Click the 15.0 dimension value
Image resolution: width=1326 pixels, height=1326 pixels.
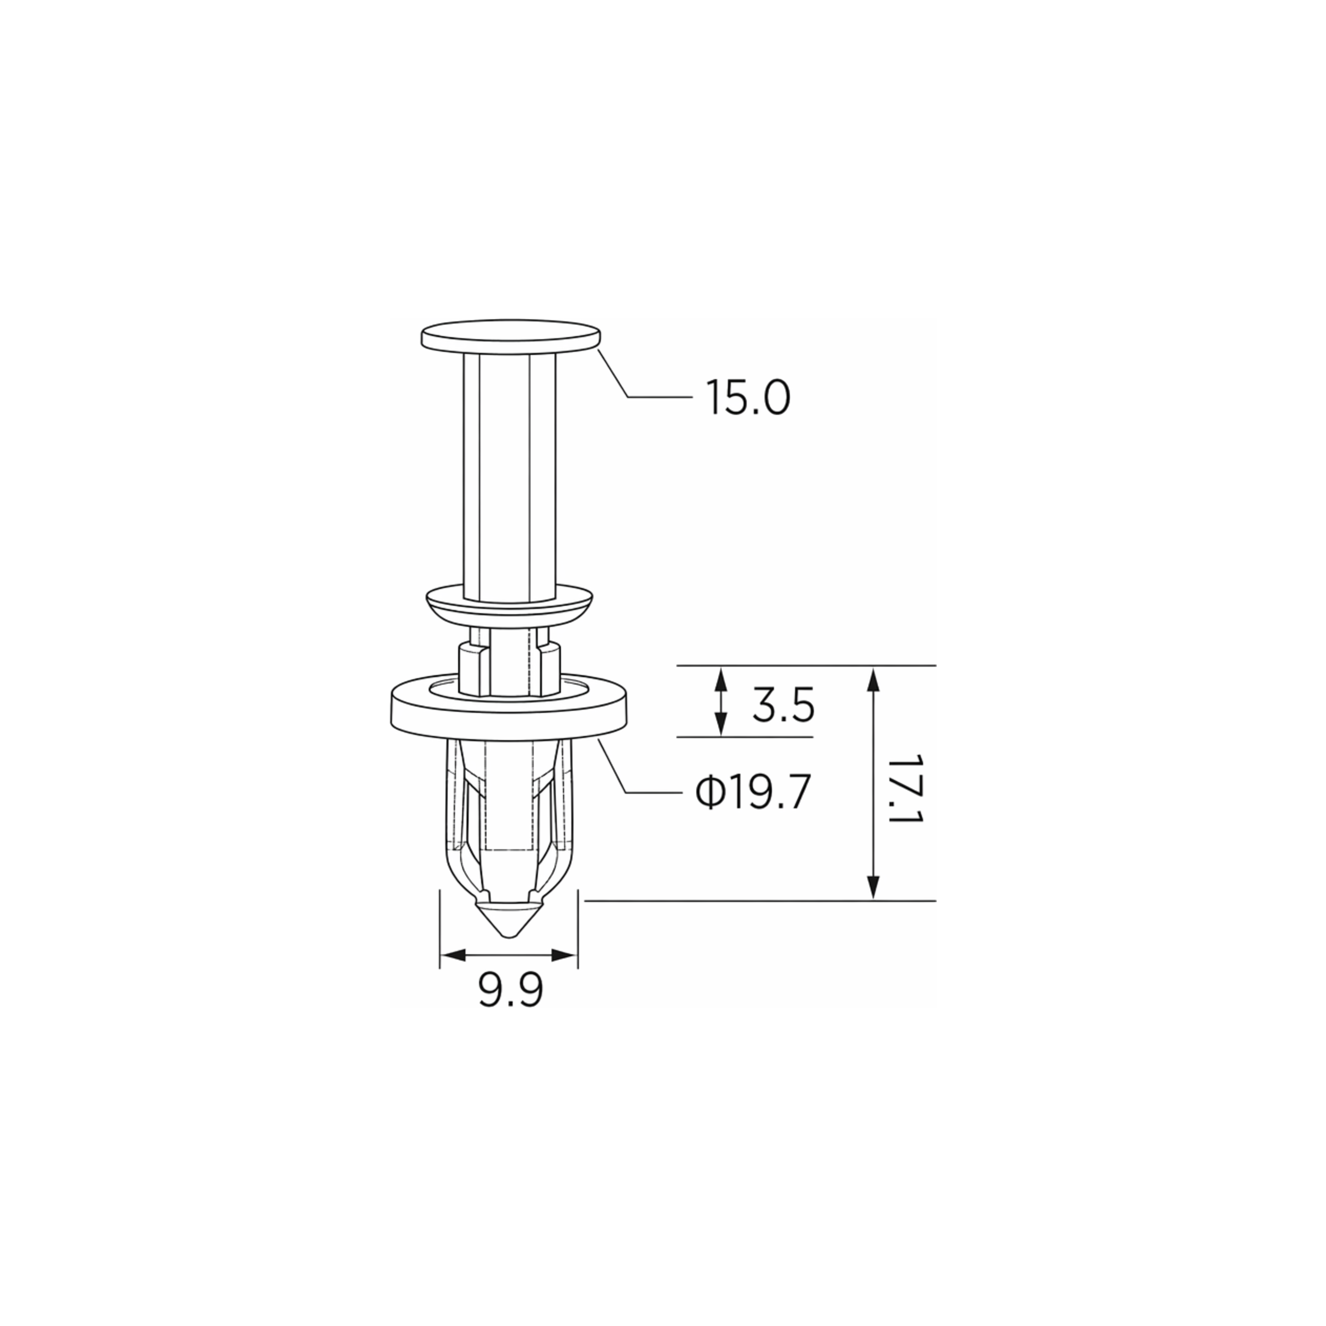[748, 398]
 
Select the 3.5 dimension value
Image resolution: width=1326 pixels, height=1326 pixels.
[783, 705]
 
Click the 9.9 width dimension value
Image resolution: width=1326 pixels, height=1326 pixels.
[511, 990]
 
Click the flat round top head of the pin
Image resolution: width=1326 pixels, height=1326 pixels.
[511, 336]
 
